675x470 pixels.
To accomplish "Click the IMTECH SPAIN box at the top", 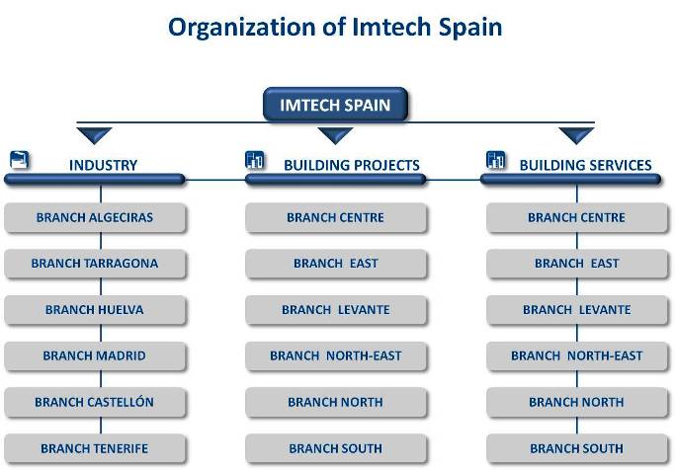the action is pos(335,104).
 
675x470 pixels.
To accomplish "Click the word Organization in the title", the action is pos(241,28).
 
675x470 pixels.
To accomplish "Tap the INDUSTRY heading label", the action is pos(104,165).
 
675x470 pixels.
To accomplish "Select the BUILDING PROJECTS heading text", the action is pos(352,165).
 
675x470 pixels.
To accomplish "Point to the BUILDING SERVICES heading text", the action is pos(585,165).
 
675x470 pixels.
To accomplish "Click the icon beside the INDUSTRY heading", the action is pos(20,160).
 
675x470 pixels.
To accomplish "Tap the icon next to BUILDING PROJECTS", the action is pos(254,160).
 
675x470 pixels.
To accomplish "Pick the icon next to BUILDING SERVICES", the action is pos(495,160).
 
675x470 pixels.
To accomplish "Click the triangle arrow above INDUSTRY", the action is pos(94,135).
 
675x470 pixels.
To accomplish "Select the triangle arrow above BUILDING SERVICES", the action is pos(576,135).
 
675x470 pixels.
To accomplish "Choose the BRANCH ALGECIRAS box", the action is pos(95,217).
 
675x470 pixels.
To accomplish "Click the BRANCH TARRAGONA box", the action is pos(95,264).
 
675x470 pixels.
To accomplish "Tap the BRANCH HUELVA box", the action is pos(95,310).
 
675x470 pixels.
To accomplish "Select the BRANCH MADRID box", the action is pos(95,356).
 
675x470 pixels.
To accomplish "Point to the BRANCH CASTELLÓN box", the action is pos(95,402).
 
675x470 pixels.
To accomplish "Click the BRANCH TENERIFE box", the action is pos(95,448).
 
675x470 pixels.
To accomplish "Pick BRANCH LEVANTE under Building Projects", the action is pos(336,310).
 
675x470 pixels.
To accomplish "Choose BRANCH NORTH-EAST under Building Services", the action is pos(577,356).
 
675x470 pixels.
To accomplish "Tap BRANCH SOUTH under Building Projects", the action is pos(336,448).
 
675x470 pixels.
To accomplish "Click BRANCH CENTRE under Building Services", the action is pos(577,217).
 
